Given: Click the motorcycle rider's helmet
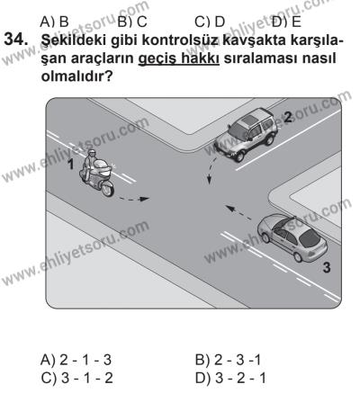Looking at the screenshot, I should [92, 156].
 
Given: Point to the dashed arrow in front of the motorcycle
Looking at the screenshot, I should [135, 192].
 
